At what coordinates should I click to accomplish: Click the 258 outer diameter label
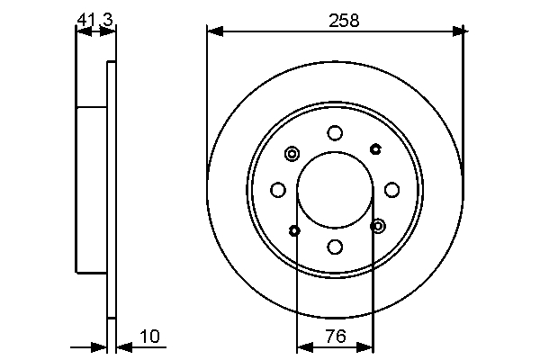(x=344, y=20)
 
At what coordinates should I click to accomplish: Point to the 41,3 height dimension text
(x=94, y=18)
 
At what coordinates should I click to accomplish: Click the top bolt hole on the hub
(x=335, y=133)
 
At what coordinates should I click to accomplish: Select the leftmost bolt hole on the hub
(x=278, y=189)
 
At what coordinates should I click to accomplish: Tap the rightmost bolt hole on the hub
(x=391, y=189)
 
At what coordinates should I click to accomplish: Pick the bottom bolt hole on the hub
(x=335, y=246)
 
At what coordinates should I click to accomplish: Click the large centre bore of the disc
(x=335, y=189)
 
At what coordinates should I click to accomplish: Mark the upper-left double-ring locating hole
(x=292, y=153)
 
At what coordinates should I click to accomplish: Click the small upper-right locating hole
(x=374, y=148)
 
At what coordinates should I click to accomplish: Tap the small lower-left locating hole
(x=295, y=230)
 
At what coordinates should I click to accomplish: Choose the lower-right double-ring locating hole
(x=377, y=225)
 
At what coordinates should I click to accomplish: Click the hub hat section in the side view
(x=92, y=189)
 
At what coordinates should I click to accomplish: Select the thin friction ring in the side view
(x=112, y=189)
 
